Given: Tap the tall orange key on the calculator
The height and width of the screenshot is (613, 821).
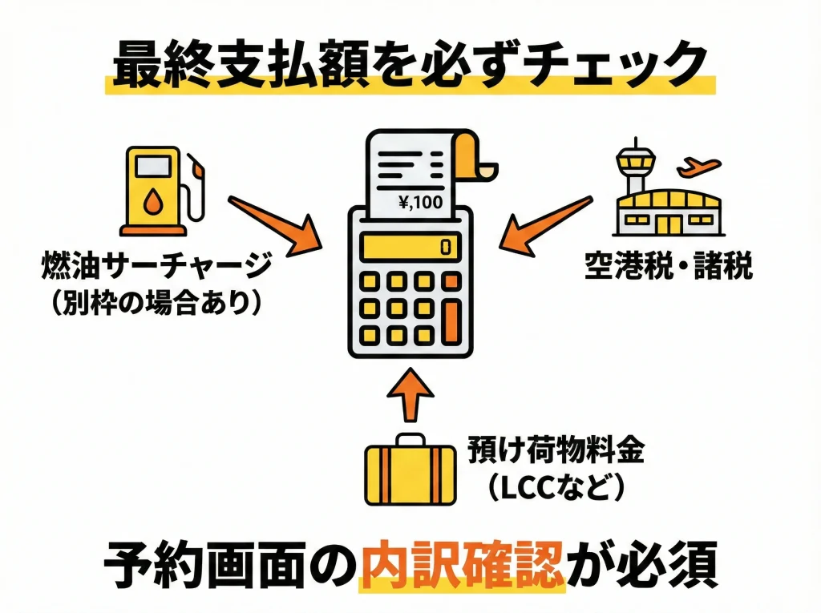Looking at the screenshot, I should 453,320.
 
